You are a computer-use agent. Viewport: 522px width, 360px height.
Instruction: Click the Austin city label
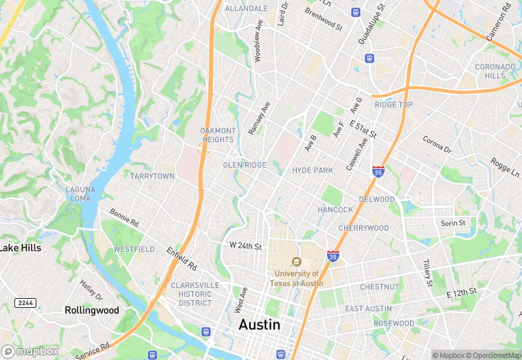pyautogui.click(x=259, y=325)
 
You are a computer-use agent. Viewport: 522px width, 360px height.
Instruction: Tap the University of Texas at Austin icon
pyautogui.click(x=296, y=262)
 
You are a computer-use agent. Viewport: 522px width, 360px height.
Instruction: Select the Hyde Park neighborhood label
pyautogui.click(x=312, y=170)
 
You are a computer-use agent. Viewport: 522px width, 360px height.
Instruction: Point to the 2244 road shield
pyautogui.click(x=25, y=303)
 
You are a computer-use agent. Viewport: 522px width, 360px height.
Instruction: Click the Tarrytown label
pyautogui.click(x=152, y=177)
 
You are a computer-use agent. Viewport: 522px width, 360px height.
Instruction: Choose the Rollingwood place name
pyautogui.click(x=91, y=311)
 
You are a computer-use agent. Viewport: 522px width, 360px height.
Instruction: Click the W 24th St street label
pyautogui.click(x=245, y=246)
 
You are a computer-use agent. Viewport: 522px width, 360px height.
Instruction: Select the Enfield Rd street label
pyautogui.click(x=181, y=258)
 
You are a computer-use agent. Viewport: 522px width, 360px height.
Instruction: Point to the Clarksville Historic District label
pyautogui.click(x=195, y=294)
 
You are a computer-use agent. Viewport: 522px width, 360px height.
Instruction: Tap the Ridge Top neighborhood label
pyautogui.click(x=394, y=105)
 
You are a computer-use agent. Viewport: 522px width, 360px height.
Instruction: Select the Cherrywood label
pyautogui.click(x=363, y=228)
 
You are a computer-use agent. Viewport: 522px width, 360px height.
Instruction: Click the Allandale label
pyautogui.click(x=246, y=9)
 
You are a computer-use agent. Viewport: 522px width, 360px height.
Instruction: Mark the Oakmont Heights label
pyautogui.click(x=218, y=135)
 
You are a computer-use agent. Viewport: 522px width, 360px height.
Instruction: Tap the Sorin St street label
pyautogui.click(x=453, y=223)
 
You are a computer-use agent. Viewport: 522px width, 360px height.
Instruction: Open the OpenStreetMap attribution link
pyautogui.click(x=493, y=355)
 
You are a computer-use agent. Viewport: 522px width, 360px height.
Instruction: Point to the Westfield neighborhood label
pyautogui.click(x=134, y=249)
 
